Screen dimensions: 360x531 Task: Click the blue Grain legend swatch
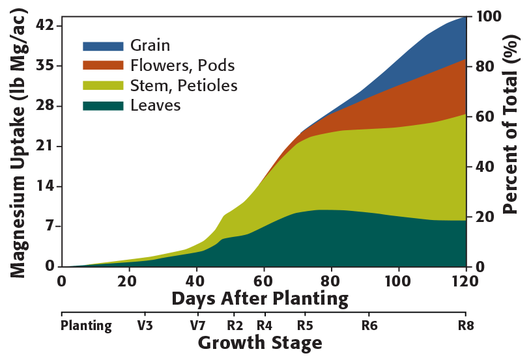102,46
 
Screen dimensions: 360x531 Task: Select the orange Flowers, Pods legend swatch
102,66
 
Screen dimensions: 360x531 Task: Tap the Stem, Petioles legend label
184,85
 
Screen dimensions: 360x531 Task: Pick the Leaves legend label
155,105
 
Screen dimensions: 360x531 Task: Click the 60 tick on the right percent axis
485,117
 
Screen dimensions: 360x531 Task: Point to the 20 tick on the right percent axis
485,217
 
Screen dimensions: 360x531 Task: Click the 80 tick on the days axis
331,281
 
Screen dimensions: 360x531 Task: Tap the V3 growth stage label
145,325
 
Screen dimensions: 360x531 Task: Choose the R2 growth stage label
235,325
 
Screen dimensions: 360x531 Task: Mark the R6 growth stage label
369,325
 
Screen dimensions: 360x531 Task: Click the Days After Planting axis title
260,299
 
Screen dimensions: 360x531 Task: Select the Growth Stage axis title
260,342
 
